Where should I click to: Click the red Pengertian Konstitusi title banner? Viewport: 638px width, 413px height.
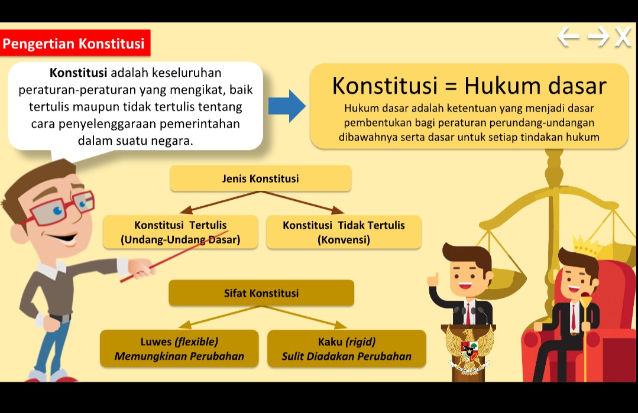click(75, 43)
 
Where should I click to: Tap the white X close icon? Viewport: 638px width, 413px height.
click(623, 37)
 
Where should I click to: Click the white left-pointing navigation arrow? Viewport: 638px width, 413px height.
click(569, 37)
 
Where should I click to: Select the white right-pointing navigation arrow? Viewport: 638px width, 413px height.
click(597, 37)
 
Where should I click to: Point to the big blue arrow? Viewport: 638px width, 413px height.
click(287, 106)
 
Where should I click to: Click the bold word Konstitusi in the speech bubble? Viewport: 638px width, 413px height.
click(78, 73)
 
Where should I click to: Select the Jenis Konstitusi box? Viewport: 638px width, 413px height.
click(260, 178)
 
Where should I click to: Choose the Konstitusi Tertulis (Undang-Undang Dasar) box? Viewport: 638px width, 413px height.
click(180, 232)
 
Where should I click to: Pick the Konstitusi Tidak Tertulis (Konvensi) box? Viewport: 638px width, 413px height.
click(344, 232)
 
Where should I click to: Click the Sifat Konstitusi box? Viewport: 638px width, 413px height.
click(261, 293)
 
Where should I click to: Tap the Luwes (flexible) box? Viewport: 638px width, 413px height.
click(179, 349)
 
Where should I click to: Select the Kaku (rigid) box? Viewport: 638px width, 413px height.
click(346, 349)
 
